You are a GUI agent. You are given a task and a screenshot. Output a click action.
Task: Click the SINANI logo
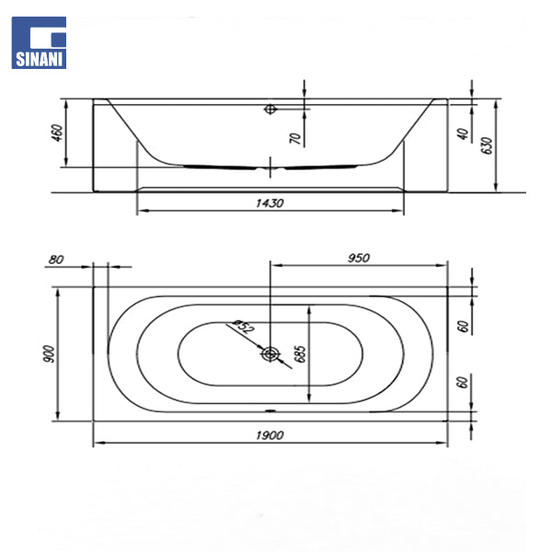pyautogui.click(x=39, y=42)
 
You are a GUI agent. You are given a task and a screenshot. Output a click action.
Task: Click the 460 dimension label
pyautogui.click(x=57, y=132)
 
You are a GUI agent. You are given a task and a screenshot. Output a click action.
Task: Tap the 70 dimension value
pyautogui.click(x=296, y=138)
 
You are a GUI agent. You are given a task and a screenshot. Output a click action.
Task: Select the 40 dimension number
pyautogui.click(x=464, y=133)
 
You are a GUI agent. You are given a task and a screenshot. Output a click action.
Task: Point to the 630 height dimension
pyautogui.click(x=487, y=145)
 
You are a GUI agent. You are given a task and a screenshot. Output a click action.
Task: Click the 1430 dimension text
pyautogui.click(x=270, y=203)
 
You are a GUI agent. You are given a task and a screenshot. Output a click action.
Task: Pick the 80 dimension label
pyautogui.click(x=56, y=259)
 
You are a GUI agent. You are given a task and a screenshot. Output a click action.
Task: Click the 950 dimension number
pyautogui.click(x=359, y=258)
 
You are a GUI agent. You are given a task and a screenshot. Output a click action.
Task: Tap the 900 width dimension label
pyautogui.click(x=49, y=354)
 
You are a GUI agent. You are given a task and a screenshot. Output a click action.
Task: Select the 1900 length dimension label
pyautogui.click(x=270, y=435)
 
